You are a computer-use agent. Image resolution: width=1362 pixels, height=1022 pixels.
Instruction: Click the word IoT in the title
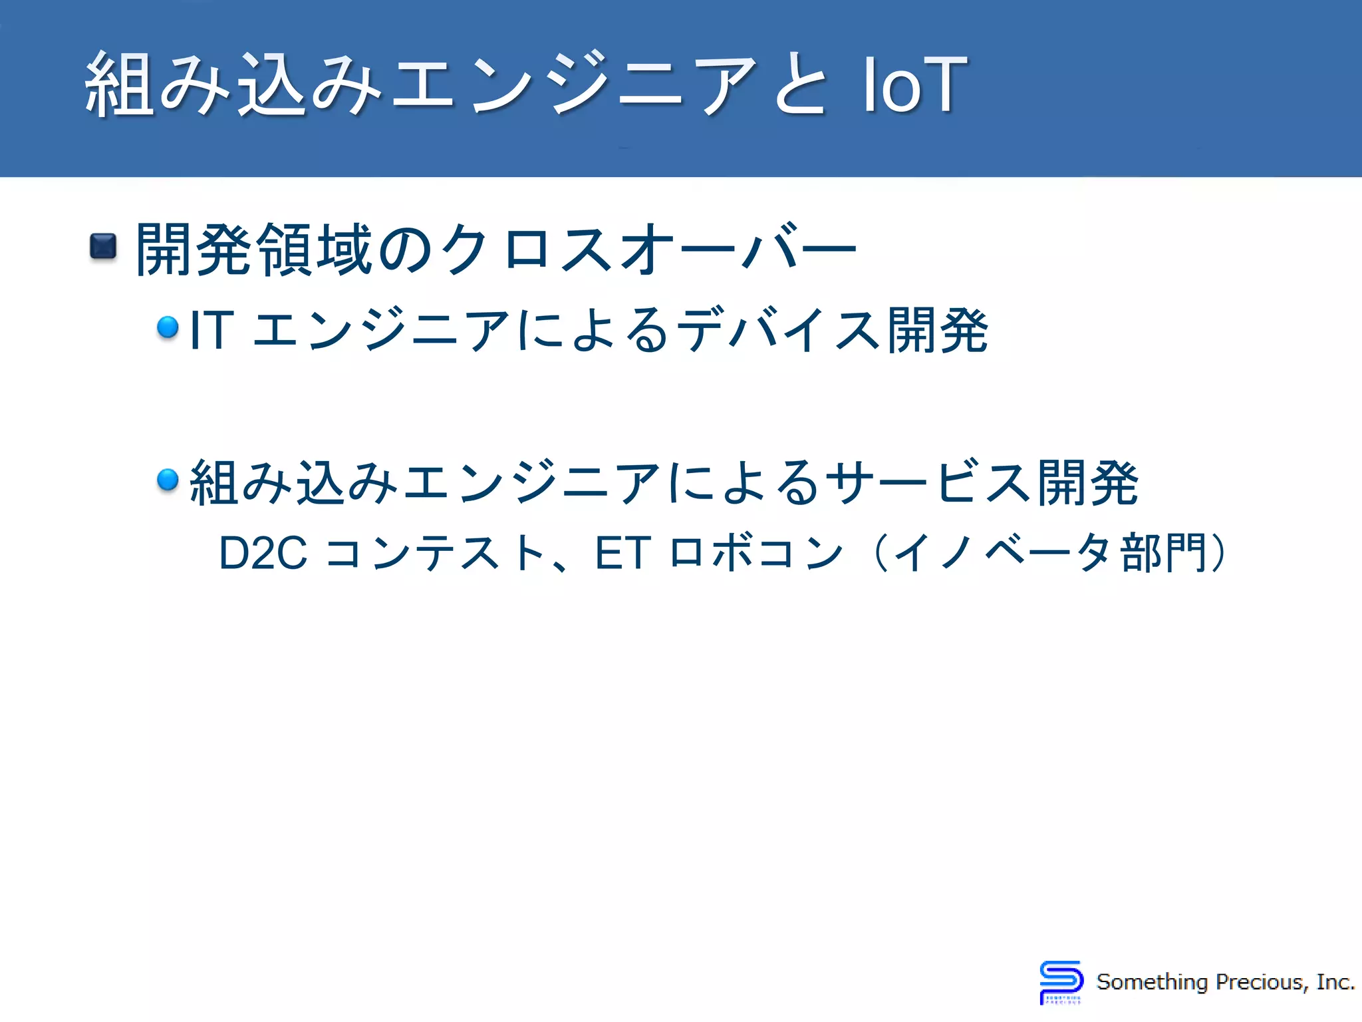[914, 85]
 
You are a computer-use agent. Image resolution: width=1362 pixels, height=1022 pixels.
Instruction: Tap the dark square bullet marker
[103, 247]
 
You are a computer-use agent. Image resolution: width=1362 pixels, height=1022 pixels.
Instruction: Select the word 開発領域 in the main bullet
[253, 250]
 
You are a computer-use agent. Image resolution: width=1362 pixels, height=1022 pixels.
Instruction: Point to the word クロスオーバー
[648, 250]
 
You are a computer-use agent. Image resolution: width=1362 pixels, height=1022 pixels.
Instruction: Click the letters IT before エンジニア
[211, 330]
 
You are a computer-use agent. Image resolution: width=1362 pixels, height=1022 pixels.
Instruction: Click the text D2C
[263, 553]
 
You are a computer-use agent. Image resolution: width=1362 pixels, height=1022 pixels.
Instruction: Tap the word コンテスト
[436, 553]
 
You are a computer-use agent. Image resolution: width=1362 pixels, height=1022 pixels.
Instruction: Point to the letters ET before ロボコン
[622, 553]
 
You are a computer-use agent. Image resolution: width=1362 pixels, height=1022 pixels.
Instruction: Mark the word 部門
[1164, 553]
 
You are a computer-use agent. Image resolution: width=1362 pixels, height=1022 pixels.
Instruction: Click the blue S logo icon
[1061, 982]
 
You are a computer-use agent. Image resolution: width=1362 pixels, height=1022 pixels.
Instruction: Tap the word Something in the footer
[1152, 982]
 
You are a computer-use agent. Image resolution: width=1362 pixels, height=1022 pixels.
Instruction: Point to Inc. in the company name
[1335, 982]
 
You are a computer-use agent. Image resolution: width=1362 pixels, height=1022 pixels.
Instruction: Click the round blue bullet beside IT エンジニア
[168, 327]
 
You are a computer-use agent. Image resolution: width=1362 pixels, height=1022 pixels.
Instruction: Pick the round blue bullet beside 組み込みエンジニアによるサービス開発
[168, 479]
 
